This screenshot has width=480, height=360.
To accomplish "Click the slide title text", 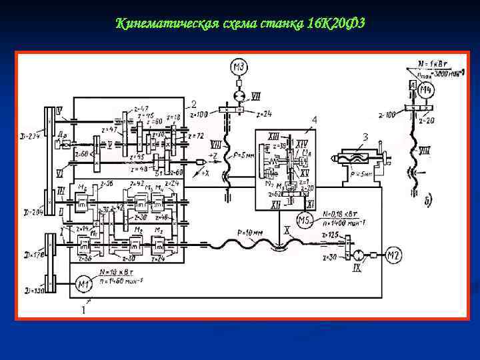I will click(x=240, y=25).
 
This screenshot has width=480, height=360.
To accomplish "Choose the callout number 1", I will click(x=83, y=310).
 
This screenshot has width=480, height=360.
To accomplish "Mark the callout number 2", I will click(x=193, y=104).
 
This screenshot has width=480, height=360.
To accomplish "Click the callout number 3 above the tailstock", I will click(x=365, y=137).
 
